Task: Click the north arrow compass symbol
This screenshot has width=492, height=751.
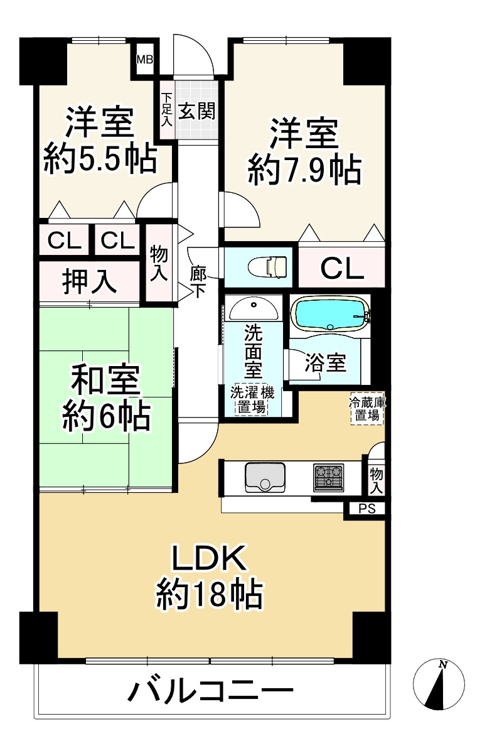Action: pos(439,684)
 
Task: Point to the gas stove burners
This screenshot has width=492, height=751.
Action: pos(328,477)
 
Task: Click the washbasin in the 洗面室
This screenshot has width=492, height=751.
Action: pos(254,308)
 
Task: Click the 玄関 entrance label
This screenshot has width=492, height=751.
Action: pos(196,111)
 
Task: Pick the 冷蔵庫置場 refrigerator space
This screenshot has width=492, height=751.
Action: pos(367,409)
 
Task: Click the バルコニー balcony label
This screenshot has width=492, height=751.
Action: pos(211,694)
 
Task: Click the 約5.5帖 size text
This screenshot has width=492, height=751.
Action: pos(100,161)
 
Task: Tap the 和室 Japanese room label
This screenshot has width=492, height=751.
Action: pos(105,381)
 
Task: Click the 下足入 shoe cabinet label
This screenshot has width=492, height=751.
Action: pos(166,111)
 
